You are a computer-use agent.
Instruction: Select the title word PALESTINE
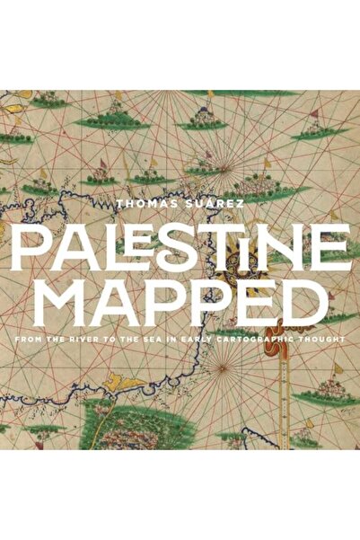pyautogui.click(x=180, y=241)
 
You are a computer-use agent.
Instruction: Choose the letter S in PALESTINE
pyautogui.click(x=171, y=241)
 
